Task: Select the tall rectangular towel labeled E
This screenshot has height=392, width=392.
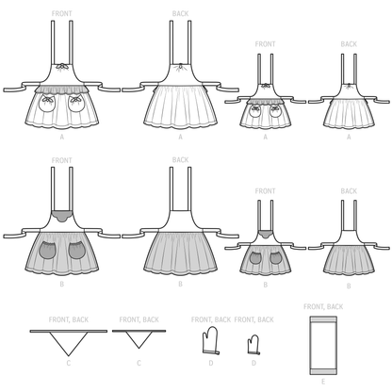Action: click(325, 345)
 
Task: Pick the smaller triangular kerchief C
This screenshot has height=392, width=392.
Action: click(138, 337)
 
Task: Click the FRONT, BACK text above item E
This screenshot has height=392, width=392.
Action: click(325, 307)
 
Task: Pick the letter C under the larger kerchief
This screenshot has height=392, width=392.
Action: click(67, 363)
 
